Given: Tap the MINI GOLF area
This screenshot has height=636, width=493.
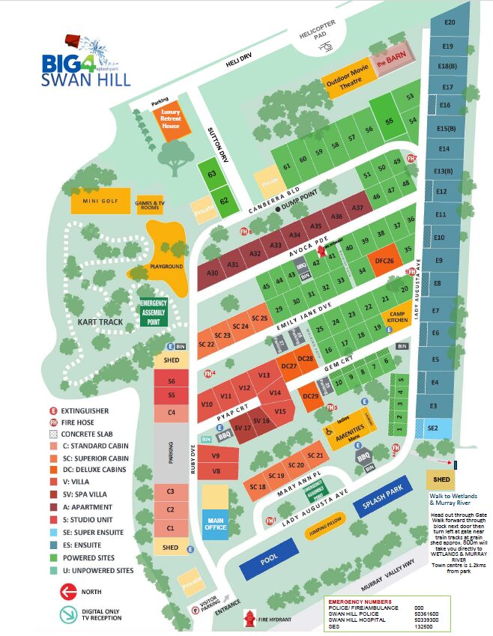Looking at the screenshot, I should click(x=100, y=202).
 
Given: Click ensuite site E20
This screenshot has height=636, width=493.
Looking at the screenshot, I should click(x=450, y=22).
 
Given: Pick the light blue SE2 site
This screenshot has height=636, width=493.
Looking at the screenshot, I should click(x=432, y=428).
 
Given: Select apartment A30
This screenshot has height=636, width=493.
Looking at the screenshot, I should click(x=212, y=273).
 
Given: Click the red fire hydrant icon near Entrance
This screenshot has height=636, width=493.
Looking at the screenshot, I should click(x=249, y=617).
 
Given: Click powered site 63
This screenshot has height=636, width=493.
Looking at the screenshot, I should click(x=212, y=174).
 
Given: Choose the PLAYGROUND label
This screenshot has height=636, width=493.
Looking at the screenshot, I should click(x=166, y=266).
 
